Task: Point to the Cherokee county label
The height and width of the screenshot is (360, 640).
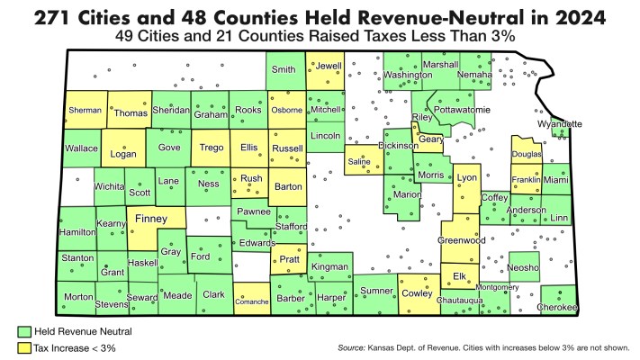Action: click(x=557, y=307)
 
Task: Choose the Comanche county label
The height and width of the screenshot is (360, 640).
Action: click(x=251, y=301)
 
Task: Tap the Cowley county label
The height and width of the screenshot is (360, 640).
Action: click(x=417, y=292)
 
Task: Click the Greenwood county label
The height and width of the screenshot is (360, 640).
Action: click(x=461, y=240)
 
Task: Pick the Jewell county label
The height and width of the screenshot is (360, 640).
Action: click(x=328, y=66)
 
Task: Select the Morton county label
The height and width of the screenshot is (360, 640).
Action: click(x=77, y=295)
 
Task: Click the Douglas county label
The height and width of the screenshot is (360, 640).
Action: click(x=527, y=155)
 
